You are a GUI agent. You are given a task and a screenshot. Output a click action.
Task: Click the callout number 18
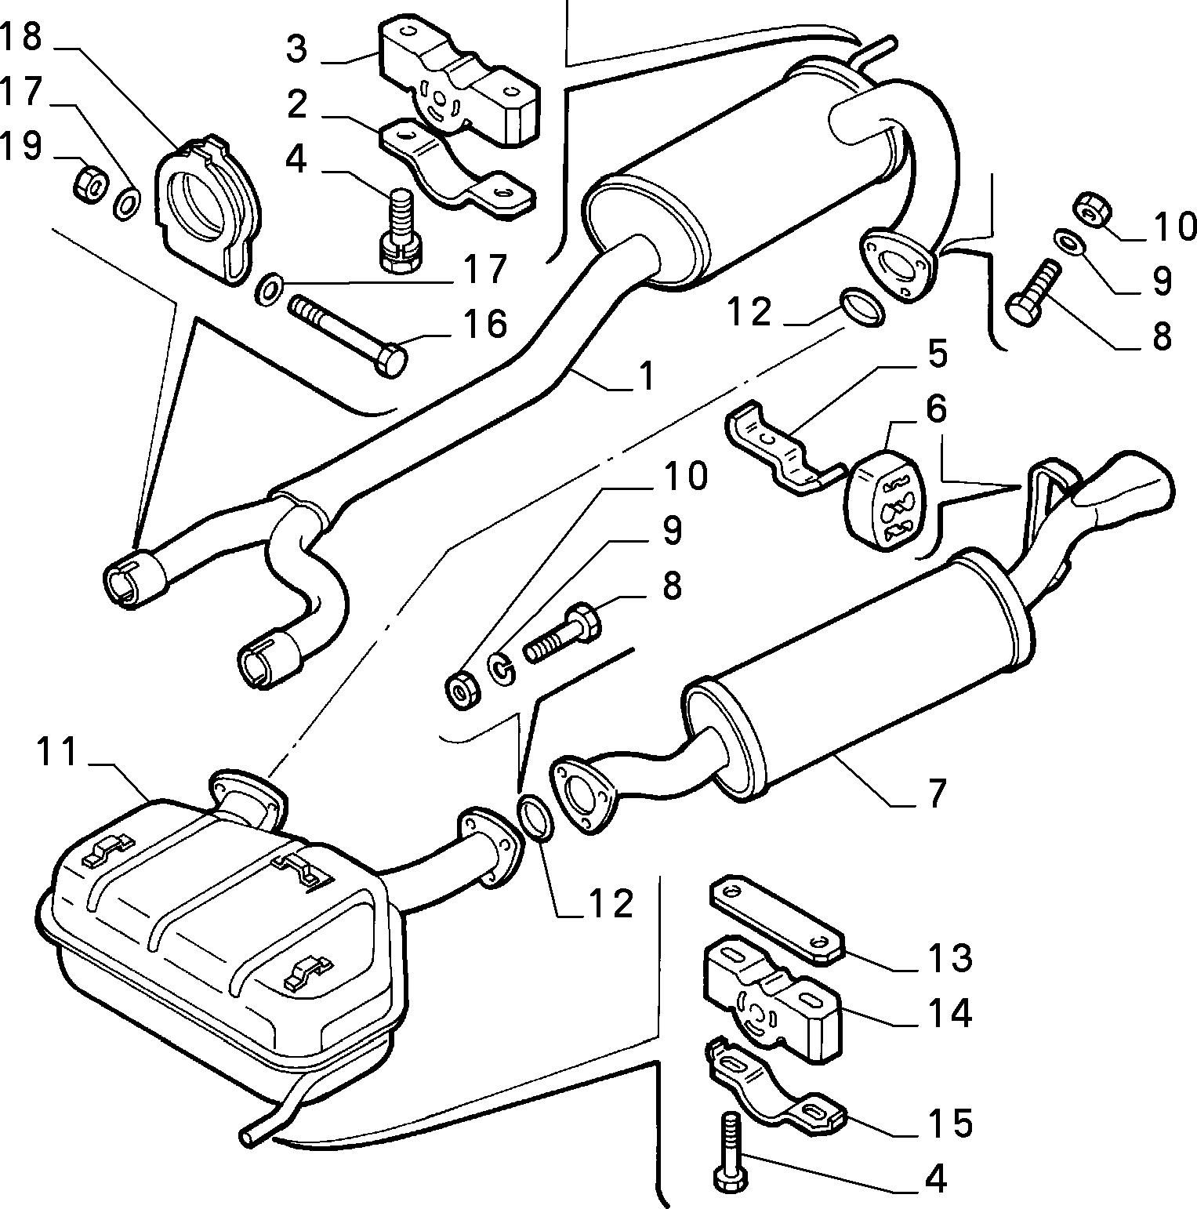tap(22, 38)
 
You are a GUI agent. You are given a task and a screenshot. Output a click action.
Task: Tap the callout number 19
tap(21, 147)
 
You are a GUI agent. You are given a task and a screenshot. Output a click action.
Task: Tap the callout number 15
tap(950, 1123)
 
